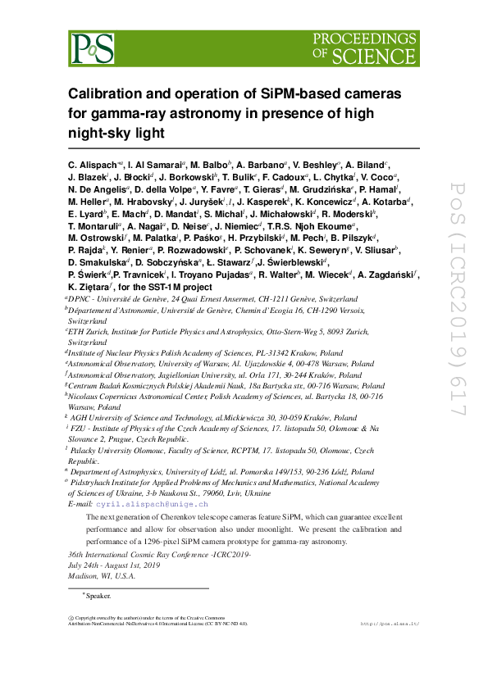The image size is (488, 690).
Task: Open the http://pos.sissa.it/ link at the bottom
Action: pyautogui.click(x=390, y=624)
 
